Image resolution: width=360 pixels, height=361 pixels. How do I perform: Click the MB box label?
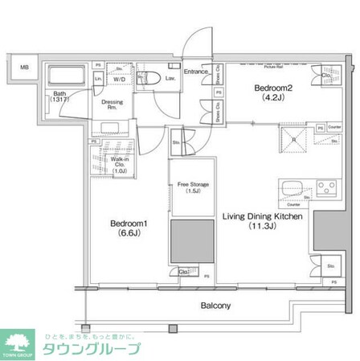point(24,67)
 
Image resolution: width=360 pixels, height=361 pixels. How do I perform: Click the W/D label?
point(118,80)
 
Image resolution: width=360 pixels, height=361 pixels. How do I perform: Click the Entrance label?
point(196,72)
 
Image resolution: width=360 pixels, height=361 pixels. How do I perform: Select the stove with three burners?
point(327,188)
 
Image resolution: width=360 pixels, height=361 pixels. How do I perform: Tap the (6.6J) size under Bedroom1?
point(126,238)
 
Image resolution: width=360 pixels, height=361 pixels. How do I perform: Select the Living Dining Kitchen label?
point(262,215)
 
